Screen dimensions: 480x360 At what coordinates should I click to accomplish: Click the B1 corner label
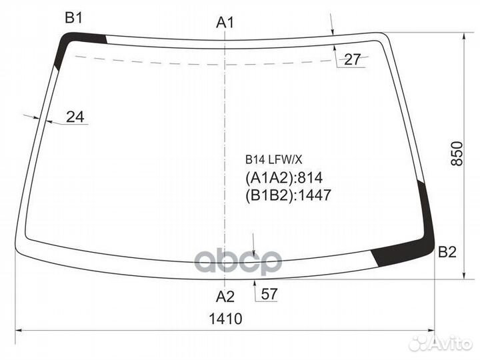click(x=73, y=18)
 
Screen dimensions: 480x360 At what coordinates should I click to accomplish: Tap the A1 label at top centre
click(x=225, y=23)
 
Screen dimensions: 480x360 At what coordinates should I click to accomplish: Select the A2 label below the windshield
click(x=225, y=296)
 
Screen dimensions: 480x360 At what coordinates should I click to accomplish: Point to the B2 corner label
click(x=447, y=252)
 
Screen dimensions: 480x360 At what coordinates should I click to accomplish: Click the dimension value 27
click(x=353, y=59)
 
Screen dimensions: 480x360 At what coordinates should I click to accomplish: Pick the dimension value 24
click(x=75, y=117)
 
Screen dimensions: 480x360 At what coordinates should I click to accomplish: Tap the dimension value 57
click(x=269, y=294)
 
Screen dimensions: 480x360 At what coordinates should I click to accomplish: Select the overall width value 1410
click(x=225, y=319)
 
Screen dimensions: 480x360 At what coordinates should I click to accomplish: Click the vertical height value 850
click(x=457, y=153)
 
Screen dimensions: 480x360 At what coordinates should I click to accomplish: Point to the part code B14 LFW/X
click(x=274, y=159)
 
